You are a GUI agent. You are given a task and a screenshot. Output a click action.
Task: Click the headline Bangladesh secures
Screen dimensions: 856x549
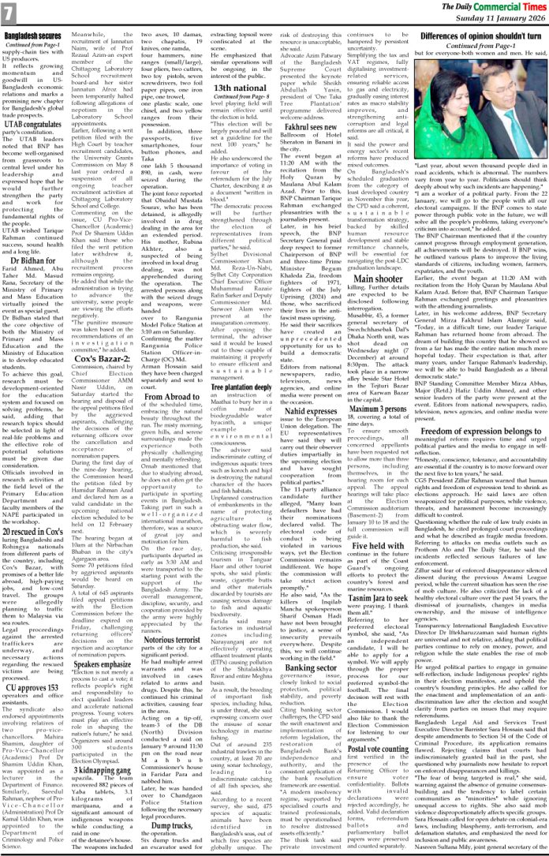point(34,36)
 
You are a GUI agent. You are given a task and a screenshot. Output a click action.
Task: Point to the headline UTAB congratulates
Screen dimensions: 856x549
point(34,124)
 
